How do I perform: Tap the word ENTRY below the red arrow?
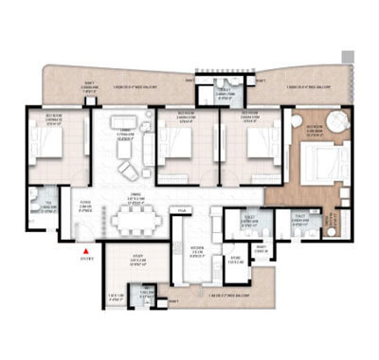[x=88, y=259]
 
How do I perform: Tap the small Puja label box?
[x=182, y=210]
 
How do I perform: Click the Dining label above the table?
[x=135, y=200]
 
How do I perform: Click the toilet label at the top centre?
[x=222, y=94]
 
